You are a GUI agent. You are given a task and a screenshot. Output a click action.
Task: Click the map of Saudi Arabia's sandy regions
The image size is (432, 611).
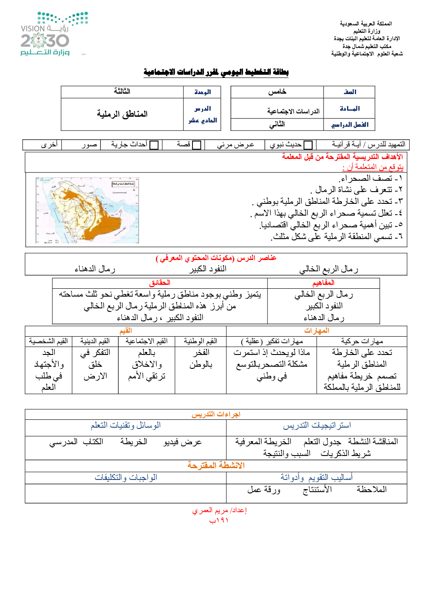click(87, 210)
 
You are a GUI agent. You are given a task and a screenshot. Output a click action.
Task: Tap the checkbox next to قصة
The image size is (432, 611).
click(197, 145)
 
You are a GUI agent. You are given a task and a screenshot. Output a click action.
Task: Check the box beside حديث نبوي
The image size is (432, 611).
click(308, 145)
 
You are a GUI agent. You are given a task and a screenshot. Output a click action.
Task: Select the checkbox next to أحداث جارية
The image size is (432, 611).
click(154, 145)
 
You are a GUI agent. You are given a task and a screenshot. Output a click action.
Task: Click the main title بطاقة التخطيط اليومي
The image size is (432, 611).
click(216, 72)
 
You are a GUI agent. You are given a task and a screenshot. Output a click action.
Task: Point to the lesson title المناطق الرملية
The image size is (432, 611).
click(122, 114)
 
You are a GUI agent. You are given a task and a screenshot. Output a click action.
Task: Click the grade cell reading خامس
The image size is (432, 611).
click(277, 92)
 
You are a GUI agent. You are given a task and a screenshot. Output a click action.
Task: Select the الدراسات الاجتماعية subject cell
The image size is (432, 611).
click(293, 111)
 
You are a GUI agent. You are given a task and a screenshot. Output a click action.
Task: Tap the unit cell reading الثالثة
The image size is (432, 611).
click(122, 91)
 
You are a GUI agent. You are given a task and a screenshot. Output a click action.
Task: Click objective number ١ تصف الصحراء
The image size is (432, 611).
click(371, 179)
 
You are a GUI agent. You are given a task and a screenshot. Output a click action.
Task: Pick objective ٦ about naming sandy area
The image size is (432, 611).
click(337, 236)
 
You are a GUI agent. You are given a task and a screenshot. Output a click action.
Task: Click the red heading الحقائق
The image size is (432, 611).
click(160, 283)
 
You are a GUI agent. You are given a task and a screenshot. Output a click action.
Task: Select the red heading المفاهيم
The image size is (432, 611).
click(324, 283)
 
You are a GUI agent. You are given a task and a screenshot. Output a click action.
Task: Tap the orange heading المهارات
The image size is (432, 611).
click(317, 331)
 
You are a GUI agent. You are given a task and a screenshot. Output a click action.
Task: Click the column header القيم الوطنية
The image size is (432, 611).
click(200, 341)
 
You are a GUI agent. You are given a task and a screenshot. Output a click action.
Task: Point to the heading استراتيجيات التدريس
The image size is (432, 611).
click(317, 425)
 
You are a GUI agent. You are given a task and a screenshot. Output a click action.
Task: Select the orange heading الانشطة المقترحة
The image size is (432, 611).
click(216, 466)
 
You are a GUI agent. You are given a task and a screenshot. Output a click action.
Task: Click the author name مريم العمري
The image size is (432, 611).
click(219, 510)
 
